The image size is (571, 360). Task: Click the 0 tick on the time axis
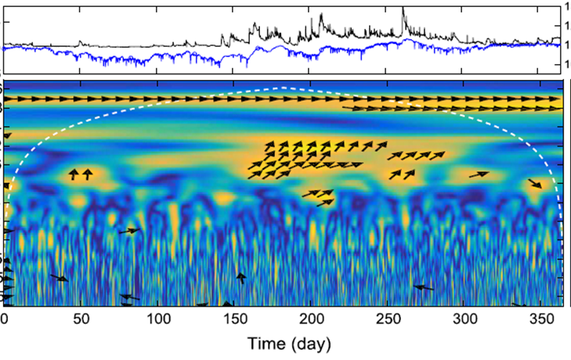coord(5,320)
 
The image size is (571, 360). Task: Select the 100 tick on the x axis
coord(158,320)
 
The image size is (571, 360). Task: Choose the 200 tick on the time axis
coord(312,320)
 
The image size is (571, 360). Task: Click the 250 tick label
coord(389,320)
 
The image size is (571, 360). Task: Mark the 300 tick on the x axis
coord(466,320)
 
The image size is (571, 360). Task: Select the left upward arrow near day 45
coord(74,174)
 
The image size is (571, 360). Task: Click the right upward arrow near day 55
coord(87,174)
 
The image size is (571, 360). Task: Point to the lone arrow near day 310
coord(479,175)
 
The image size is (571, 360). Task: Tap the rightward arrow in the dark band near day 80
coord(129,231)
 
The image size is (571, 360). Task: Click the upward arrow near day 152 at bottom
coord(241,277)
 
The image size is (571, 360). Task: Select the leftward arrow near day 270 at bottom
coord(424,288)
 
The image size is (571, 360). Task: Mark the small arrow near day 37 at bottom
coord(59,278)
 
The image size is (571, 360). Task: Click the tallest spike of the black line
coord(403,9)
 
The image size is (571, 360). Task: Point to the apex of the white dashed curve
coord(284,88)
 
